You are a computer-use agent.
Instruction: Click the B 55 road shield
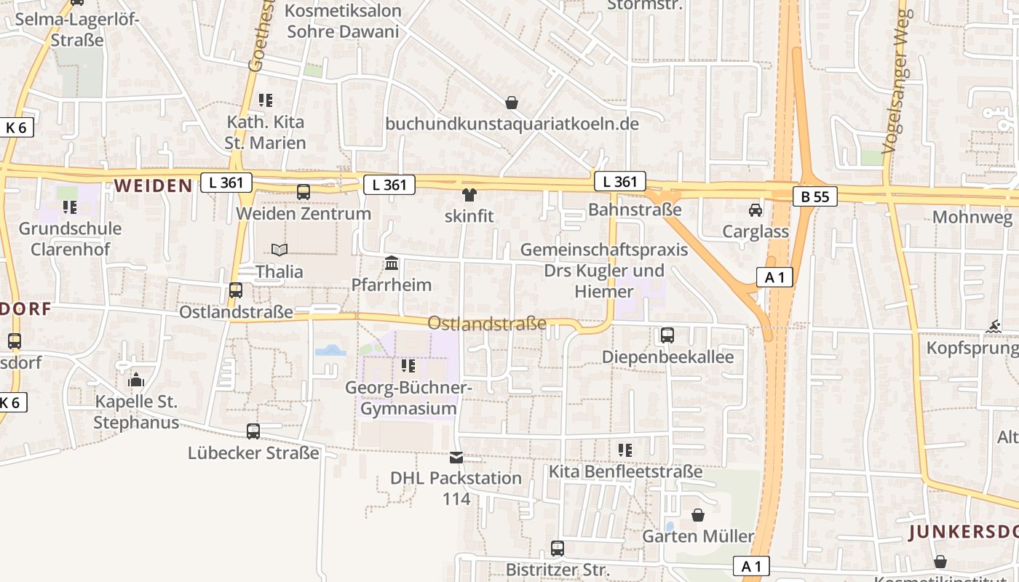point(815,196)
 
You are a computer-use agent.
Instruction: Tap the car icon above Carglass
point(756,210)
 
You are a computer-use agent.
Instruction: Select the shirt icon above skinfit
point(469,194)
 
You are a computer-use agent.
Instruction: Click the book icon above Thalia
point(279,250)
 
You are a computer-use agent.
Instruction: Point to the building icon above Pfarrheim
point(392,263)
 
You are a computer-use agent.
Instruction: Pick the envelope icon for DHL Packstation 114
point(456,457)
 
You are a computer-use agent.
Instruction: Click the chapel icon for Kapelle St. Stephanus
point(136,380)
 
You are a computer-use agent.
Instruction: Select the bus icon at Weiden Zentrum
point(304,192)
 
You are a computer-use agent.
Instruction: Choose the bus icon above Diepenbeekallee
point(667,335)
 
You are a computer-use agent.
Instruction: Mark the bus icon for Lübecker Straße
point(253,431)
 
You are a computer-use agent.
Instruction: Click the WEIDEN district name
point(153,186)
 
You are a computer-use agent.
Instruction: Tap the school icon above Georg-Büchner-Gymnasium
point(408,365)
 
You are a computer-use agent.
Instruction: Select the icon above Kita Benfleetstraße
point(625,450)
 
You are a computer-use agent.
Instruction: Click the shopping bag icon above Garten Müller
point(698,515)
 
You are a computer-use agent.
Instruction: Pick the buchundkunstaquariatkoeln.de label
point(512,124)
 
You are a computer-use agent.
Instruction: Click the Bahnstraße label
point(635,210)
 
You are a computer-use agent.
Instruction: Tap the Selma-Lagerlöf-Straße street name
point(76,29)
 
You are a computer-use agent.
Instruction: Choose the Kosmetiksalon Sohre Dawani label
point(343,21)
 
